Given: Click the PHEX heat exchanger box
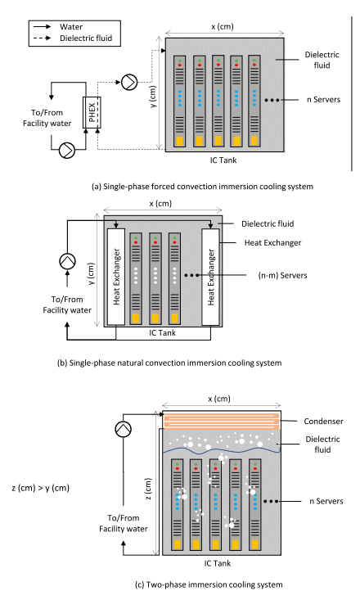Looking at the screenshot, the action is [92, 112].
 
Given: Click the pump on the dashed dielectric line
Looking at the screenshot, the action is [129, 82].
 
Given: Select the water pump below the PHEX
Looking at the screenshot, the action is [67, 151].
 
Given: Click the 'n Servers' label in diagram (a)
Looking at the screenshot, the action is [323, 100].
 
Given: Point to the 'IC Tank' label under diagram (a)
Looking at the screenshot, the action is [223, 160].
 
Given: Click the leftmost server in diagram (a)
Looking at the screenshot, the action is [180, 101].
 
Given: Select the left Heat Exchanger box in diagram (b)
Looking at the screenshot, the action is [116, 277].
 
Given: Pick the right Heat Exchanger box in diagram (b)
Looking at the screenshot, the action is [210, 277].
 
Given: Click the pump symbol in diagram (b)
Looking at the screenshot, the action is [67, 261].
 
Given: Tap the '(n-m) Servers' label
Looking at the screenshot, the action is [282, 276].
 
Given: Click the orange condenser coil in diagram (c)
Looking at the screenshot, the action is [222, 421].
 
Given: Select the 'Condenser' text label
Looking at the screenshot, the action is [323, 422].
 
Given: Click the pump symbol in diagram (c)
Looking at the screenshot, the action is [124, 429].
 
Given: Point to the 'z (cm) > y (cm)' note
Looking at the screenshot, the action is [41, 488].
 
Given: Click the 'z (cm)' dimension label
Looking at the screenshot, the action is [148, 489].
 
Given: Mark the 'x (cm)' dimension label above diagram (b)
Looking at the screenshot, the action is [160, 204].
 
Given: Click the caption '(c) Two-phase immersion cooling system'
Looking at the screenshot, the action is [209, 584].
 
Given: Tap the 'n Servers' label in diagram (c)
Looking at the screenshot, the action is [326, 501].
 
